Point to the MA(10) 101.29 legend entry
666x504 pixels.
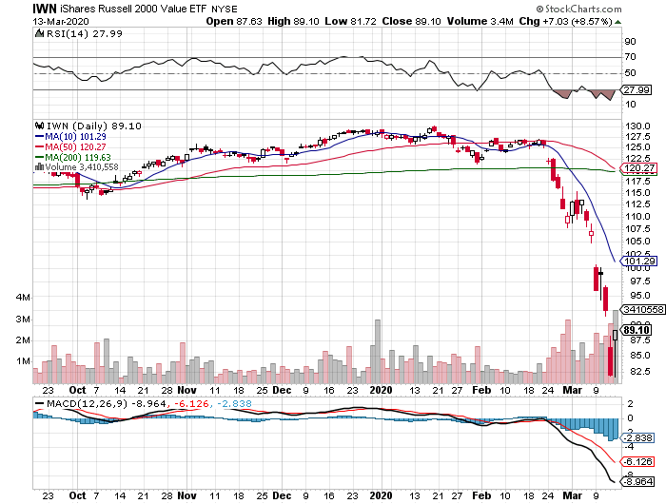pyautogui.click(x=73, y=136)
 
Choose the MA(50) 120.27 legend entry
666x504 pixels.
pyautogui.click(x=73, y=146)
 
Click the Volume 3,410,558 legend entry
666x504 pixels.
pyautogui.click(x=79, y=167)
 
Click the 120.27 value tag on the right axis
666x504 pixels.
pyautogui.click(x=635, y=168)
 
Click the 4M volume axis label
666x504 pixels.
pyautogui.click(x=22, y=298)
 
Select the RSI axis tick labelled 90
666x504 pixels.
pyautogui.click(x=630, y=42)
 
